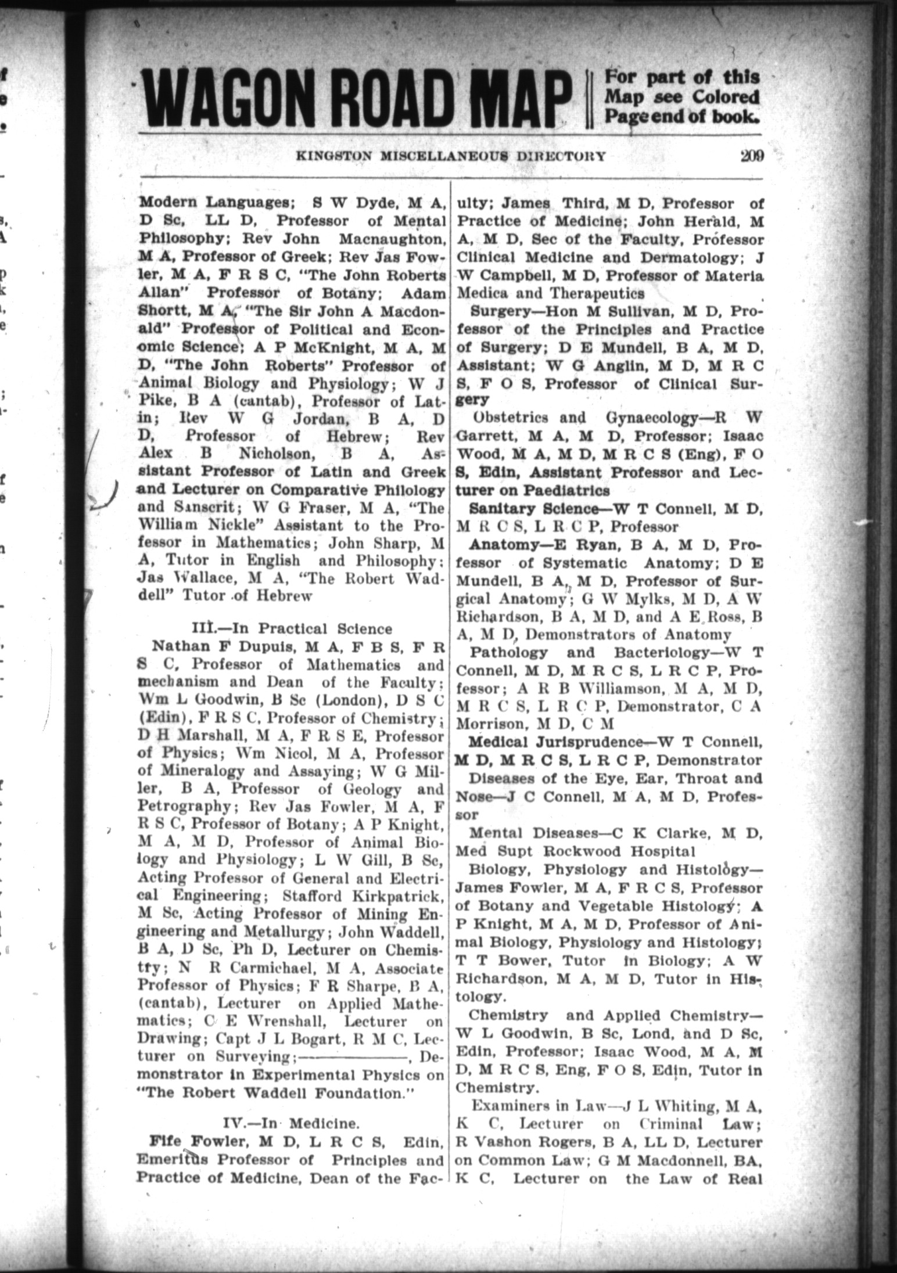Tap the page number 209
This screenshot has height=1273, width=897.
click(751, 156)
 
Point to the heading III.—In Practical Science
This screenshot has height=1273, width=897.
click(292, 628)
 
